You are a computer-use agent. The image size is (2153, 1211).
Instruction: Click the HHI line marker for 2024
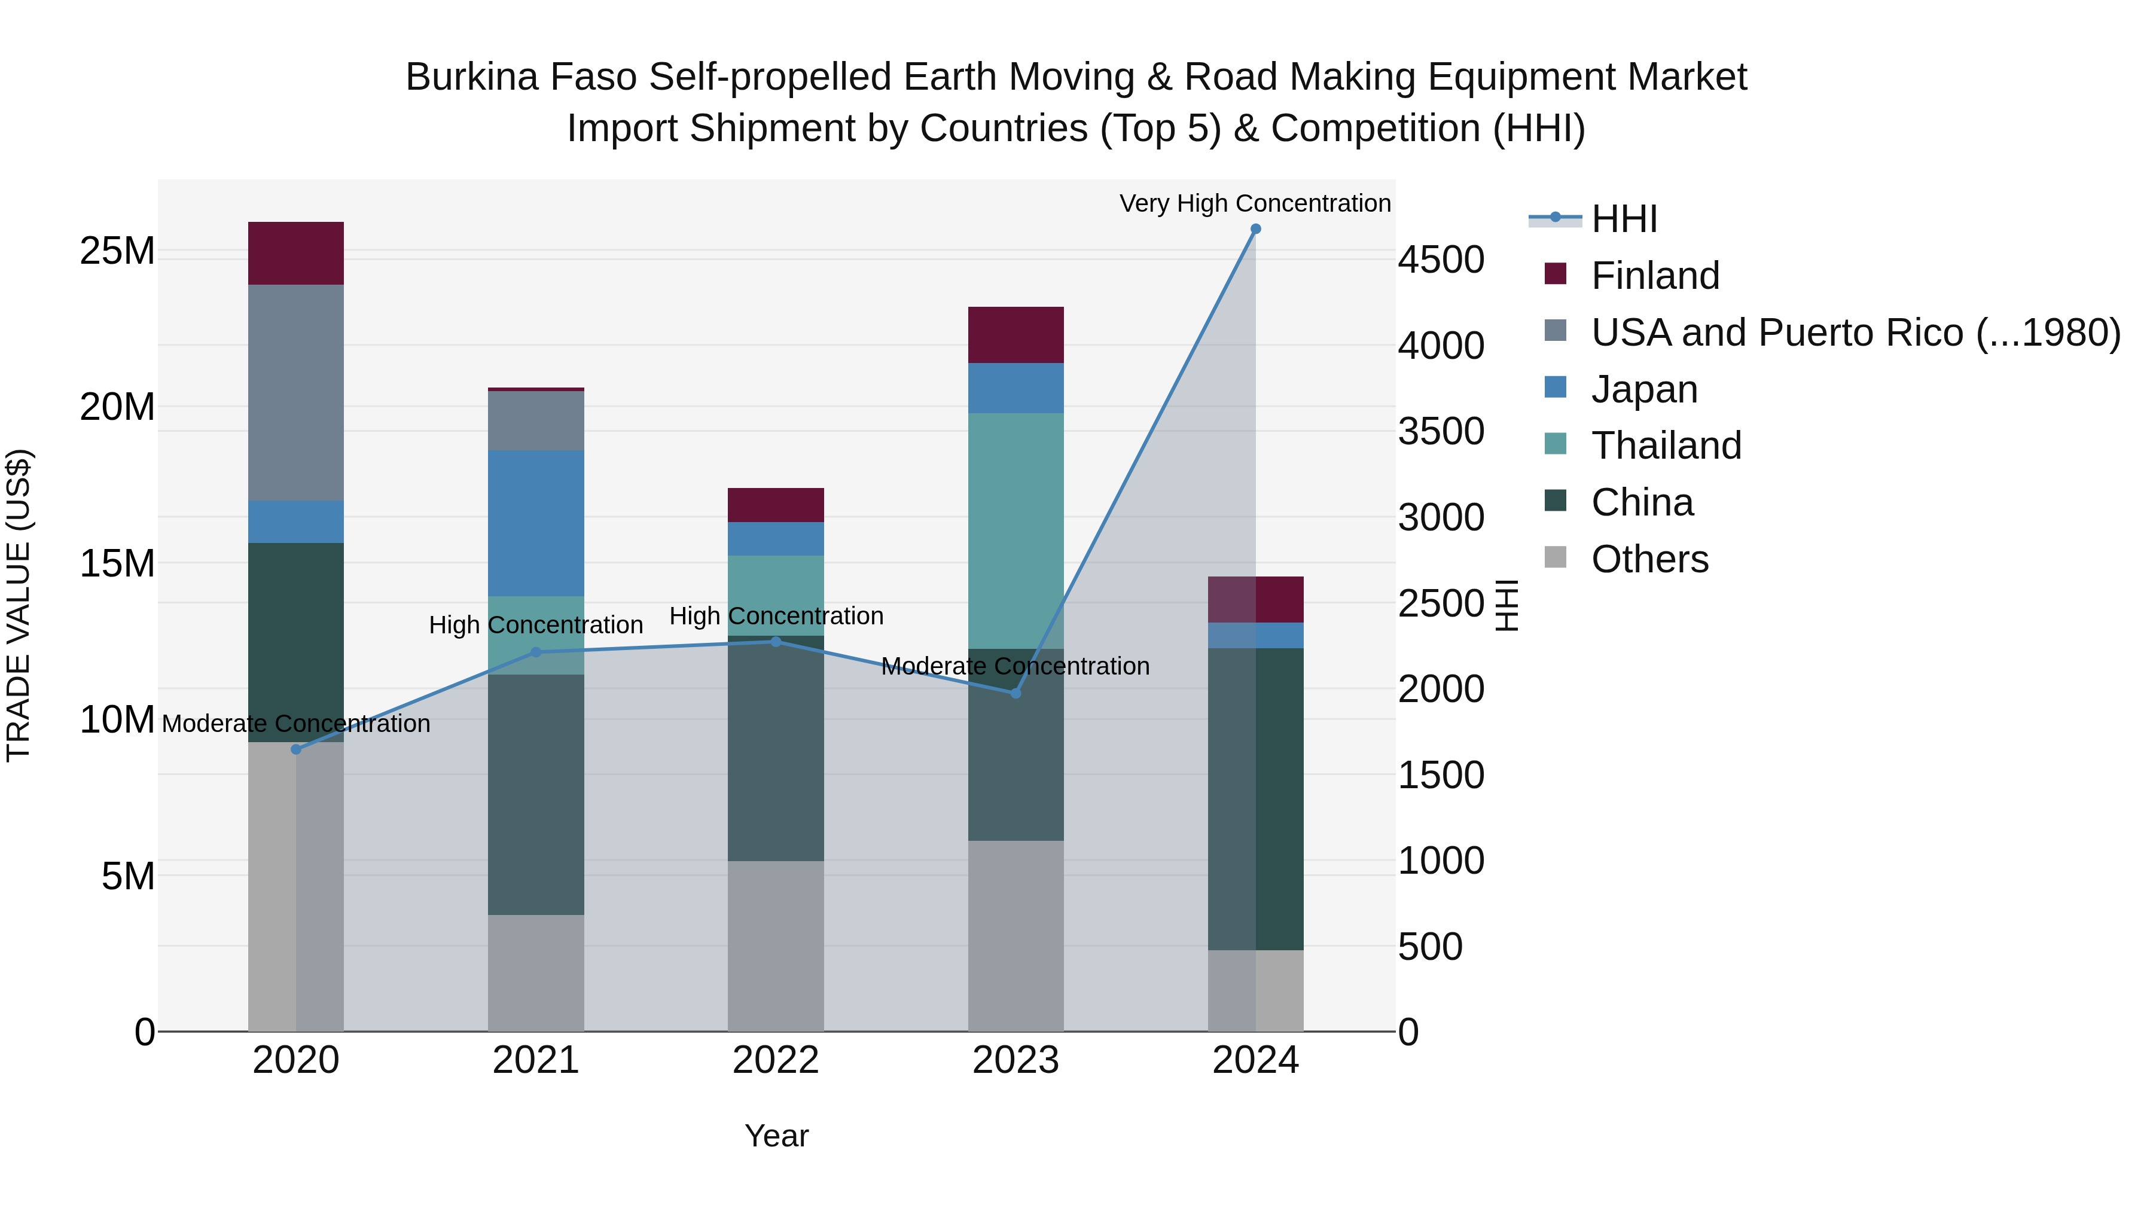pyautogui.click(x=1255, y=229)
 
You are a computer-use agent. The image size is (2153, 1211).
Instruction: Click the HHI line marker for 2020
pyautogui.click(x=296, y=750)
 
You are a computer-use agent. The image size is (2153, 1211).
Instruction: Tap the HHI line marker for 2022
pyautogui.click(x=776, y=642)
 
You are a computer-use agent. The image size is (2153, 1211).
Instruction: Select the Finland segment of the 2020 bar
pyautogui.click(x=296, y=253)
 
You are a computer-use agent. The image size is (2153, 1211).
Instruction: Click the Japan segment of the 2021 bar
pyautogui.click(x=536, y=523)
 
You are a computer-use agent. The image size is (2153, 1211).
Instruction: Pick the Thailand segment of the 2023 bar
pyautogui.click(x=1015, y=530)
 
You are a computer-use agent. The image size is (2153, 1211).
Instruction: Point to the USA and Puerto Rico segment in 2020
pyautogui.click(x=296, y=393)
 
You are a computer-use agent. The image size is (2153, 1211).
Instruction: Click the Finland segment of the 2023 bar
pyautogui.click(x=1015, y=335)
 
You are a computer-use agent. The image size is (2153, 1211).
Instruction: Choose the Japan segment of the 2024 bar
pyautogui.click(x=1255, y=635)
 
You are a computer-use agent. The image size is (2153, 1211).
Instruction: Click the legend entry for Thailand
pyautogui.click(x=1666, y=446)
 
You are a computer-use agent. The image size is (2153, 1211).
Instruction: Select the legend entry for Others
pyautogui.click(x=1649, y=559)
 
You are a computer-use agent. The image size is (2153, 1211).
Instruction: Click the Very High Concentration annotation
pyautogui.click(x=1255, y=203)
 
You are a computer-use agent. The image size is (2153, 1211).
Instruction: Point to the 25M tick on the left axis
pyautogui.click(x=117, y=251)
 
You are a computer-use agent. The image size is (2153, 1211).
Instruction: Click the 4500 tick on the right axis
pyautogui.click(x=1441, y=260)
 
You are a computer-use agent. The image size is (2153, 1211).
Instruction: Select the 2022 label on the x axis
pyautogui.click(x=776, y=1060)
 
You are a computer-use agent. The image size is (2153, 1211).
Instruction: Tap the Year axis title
pyautogui.click(x=776, y=1136)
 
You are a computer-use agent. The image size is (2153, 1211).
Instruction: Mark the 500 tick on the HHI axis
pyautogui.click(x=1430, y=947)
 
